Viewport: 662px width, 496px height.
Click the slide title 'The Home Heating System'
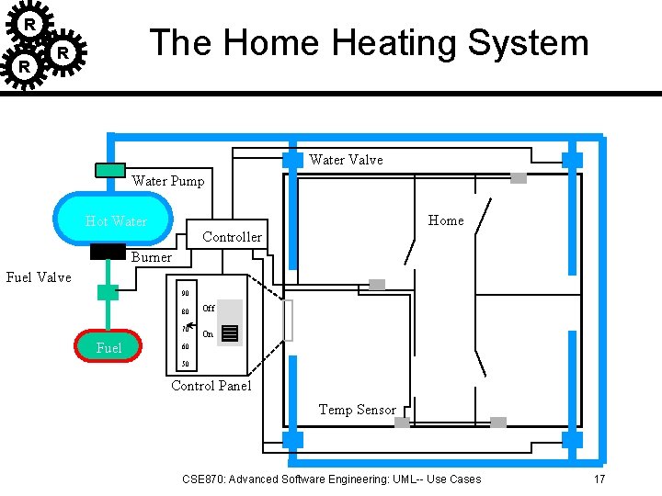coord(369,43)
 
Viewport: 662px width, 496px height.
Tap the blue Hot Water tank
coord(116,220)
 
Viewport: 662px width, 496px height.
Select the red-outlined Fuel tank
coord(108,347)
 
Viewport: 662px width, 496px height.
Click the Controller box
coord(232,236)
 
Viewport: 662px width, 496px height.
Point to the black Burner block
coord(108,252)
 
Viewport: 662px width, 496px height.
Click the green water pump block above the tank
coord(110,170)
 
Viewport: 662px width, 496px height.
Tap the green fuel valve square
coord(108,293)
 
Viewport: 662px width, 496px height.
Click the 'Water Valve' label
coord(346,160)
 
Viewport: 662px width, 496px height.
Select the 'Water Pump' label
coord(168,181)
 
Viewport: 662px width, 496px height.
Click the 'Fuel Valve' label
coord(39,276)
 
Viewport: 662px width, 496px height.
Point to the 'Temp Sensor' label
coord(357,410)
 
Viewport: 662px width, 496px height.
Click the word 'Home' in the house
coord(446,220)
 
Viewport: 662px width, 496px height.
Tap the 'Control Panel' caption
coord(211,386)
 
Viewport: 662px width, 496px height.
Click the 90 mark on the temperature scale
coord(185,294)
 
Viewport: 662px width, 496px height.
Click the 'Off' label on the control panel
coord(208,309)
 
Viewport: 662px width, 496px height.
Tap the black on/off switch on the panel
coord(230,333)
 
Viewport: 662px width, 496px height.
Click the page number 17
coord(599,479)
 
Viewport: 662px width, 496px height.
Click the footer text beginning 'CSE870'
coord(331,479)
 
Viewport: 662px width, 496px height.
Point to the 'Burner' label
coord(151,257)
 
